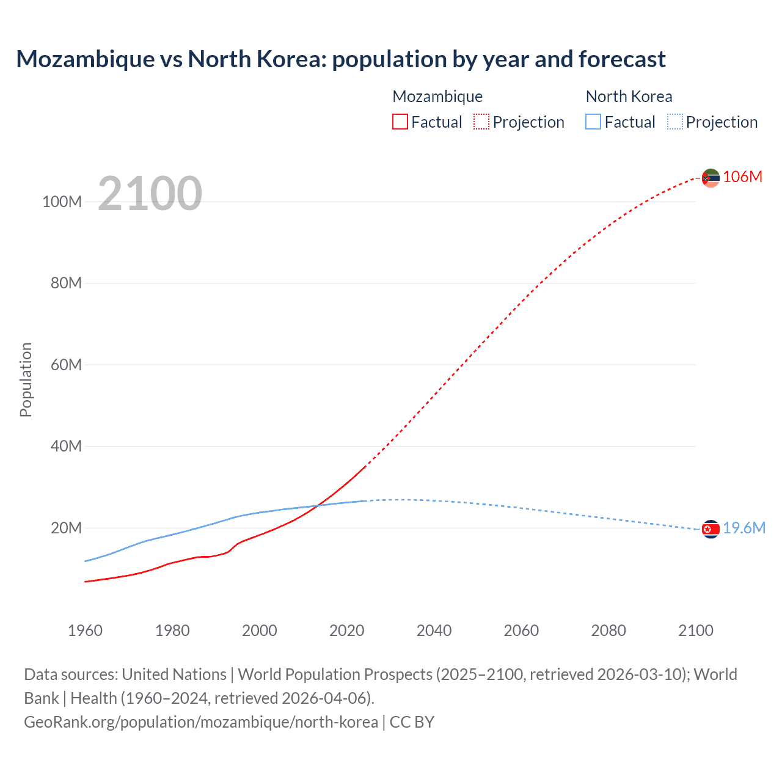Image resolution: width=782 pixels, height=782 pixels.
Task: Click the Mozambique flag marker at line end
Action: (x=711, y=178)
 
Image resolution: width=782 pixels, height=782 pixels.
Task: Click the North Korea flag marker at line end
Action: (x=711, y=529)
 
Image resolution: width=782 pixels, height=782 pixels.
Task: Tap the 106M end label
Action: (x=742, y=177)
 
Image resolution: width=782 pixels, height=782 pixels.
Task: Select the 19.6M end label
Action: (x=744, y=528)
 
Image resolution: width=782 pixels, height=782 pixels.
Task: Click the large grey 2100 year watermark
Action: (x=150, y=194)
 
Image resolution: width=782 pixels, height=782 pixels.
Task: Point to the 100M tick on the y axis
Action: (x=62, y=202)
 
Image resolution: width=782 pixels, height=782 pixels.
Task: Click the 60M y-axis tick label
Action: (x=66, y=365)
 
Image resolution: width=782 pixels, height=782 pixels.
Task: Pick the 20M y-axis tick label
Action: (x=66, y=528)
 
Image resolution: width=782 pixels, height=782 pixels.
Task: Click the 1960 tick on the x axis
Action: (x=85, y=630)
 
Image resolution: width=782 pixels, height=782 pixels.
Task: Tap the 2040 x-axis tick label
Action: (x=434, y=630)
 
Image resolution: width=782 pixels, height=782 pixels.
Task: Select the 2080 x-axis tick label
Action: (x=608, y=630)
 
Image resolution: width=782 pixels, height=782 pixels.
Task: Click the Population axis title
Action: (x=26, y=379)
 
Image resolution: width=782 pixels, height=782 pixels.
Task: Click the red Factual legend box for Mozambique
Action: (x=400, y=122)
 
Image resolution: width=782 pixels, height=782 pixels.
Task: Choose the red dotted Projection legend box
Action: (x=481, y=122)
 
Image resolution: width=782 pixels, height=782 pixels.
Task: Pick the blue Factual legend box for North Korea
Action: (x=593, y=122)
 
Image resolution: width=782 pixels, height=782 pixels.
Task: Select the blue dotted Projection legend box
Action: (x=675, y=122)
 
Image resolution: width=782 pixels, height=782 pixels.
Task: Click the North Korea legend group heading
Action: (x=629, y=97)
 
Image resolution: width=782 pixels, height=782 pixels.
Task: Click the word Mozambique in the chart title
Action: (x=86, y=59)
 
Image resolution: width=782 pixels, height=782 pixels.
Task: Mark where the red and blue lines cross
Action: (x=318, y=505)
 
